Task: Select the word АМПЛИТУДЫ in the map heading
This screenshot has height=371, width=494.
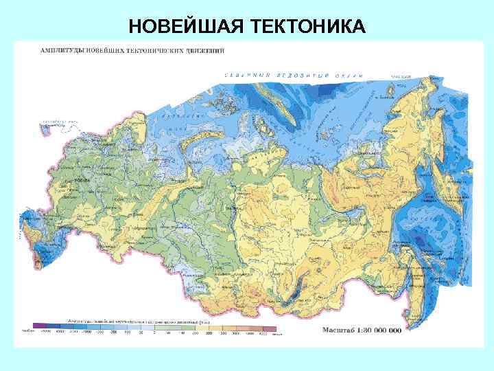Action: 61,50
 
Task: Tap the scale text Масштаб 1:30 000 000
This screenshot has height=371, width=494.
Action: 362,329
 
